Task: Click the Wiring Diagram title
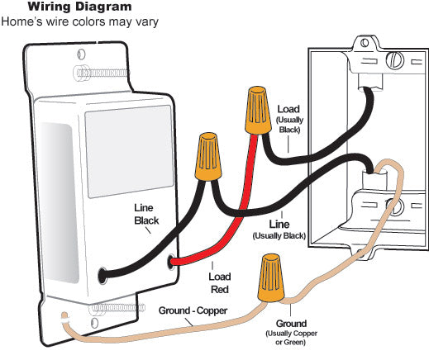(79, 7)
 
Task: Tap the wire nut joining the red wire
(258, 110)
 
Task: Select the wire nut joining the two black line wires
(208, 157)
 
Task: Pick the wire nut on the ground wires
(271, 278)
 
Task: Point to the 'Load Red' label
(220, 283)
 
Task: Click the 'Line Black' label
(146, 214)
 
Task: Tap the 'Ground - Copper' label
(193, 310)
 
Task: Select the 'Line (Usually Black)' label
(279, 230)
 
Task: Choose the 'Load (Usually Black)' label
(289, 119)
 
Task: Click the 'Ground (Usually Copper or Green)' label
(291, 332)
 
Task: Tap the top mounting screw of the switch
(101, 73)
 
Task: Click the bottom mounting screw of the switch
(117, 308)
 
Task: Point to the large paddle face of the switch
(129, 151)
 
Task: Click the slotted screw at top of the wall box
(395, 60)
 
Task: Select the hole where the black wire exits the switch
(102, 276)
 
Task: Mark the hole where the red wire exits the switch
(171, 261)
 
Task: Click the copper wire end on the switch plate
(64, 316)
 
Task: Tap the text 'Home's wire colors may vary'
(79, 21)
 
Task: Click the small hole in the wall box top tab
(365, 43)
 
